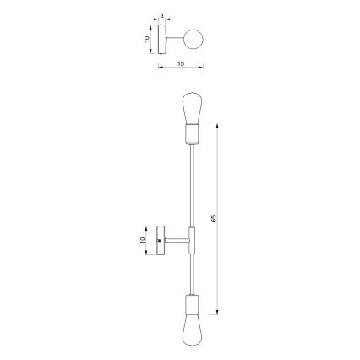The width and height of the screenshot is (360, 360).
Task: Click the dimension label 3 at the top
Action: (x=161, y=15)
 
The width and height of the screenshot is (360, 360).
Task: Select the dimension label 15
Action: (x=181, y=64)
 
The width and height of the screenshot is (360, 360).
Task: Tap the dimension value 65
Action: (x=213, y=219)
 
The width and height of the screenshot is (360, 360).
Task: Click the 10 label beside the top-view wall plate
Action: (x=146, y=39)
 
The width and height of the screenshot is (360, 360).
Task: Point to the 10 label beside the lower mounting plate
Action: (x=142, y=240)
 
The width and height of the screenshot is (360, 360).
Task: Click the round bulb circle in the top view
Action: (x=194, y=39)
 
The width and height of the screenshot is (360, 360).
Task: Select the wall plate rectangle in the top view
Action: (x=162, y=39)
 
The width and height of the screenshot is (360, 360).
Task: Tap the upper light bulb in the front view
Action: (x=192, y=108)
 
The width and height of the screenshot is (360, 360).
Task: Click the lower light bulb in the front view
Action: (x=192, y=330)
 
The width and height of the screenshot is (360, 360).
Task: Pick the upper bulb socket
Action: (x=192, y=134)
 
